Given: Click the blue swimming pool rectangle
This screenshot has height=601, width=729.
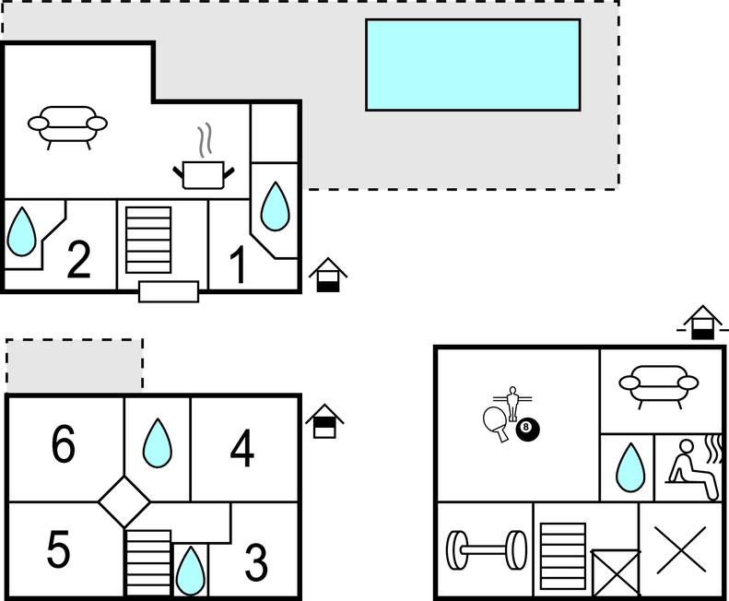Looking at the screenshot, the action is [x=473, y=65].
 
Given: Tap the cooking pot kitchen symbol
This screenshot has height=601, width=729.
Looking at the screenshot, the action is [x=204, y=159].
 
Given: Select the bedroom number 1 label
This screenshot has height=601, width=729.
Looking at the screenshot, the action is [x=239, y=264].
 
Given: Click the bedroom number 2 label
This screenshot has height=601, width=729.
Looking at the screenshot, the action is [x=78, y=259].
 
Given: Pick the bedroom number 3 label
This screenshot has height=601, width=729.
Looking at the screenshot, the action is [x=256, y=562].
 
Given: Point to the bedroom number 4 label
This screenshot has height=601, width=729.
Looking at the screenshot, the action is [x=242, y=447].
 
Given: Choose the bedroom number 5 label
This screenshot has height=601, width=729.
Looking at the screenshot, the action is [x=59, y=548].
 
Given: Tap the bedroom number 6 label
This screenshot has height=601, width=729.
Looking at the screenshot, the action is [x=64, y=443].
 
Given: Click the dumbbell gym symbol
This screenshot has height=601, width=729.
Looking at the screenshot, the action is [x=487, y=549].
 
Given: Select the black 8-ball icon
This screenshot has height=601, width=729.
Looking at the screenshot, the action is [x=528, y=430].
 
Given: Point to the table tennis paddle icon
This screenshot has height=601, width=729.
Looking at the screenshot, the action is [x=496, y=423].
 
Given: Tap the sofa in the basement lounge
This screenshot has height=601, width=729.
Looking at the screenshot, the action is [x=658, y=385].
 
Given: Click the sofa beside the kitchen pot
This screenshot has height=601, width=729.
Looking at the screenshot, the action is [x=67, y=126].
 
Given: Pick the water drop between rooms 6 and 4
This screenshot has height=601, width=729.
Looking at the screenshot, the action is [x=158, y=442].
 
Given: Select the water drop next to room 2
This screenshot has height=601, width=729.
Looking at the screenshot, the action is [x=21, y=231].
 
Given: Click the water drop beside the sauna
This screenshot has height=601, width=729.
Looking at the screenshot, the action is [x=630, y=467].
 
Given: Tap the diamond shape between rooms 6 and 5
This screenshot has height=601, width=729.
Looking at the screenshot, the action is [x=124, y=502].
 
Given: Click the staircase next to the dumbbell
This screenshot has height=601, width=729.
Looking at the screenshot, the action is [x=563, y=557].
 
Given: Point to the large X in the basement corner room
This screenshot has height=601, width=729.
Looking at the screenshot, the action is [x=681, y=549].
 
